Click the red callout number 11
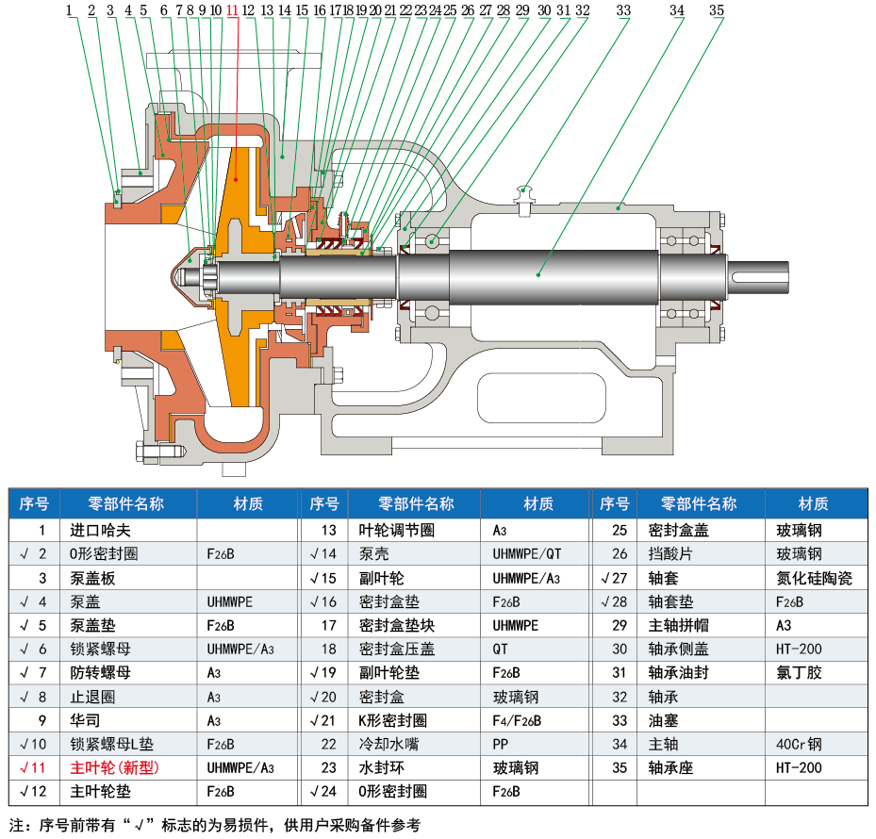click(232, 10)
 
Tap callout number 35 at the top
click(717, 10)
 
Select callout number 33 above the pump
click(623, 10)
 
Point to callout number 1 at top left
click(70, 10)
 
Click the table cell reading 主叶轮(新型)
click(115, 767)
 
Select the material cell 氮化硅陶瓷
click(815, 578)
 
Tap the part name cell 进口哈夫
click(99, 530)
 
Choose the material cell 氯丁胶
click(800, 672)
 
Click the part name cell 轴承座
click(670, 767)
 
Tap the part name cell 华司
click(85, 720)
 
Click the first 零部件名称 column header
click(125, 503)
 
